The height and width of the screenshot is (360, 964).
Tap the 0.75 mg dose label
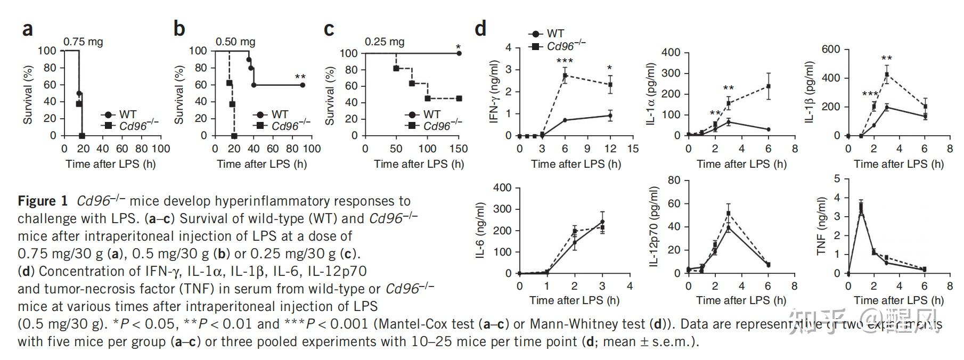(x=83, y=42)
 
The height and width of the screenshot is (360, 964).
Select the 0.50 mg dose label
(x=235, y=42)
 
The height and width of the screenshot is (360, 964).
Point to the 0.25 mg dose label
(x=385, y=42)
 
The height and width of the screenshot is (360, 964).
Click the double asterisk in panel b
(x=300, y=78)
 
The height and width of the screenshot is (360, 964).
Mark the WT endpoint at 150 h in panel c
(x=459, y=53)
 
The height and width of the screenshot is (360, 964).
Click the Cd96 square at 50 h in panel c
(x=396, y=68)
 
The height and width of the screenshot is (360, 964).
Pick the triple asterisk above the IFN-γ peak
(x=565, y=61)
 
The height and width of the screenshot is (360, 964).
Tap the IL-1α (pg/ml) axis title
(x=651, y=94)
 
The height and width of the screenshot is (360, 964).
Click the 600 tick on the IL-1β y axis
(x=831, y=50)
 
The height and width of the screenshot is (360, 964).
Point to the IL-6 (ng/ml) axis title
(x=480, y=230)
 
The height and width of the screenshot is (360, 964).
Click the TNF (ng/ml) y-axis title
(x=821, y=226)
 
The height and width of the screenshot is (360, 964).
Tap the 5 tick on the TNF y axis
(x=837, y=179)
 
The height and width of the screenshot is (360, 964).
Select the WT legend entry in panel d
(x=549, y=34)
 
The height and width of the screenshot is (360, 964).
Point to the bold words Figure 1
(x=43, y=201)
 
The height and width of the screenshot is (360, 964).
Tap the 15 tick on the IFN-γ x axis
(x=633, y=149)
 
